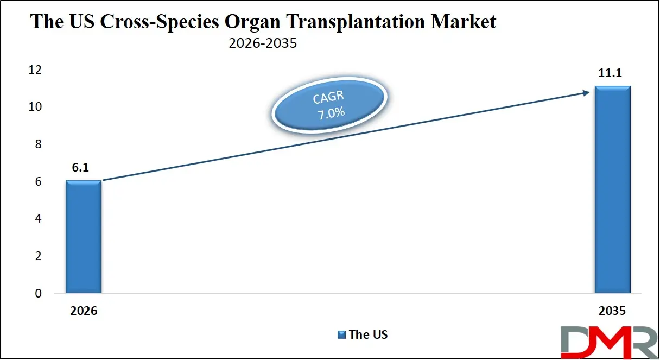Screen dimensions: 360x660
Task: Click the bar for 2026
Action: (83, 237)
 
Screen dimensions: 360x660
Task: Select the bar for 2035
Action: (612, 190)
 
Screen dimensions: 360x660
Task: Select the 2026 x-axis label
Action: (83, 312)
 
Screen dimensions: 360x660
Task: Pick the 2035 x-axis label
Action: (612, 312)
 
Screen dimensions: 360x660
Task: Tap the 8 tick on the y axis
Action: (37, 144)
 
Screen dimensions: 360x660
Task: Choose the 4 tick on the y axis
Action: (37, 219)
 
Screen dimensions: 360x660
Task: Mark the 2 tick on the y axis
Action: (37, 256)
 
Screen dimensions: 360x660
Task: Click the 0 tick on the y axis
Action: (37, 294)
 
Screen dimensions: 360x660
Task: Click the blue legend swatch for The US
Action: (341, 334)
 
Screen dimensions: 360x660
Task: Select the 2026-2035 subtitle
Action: (263, 43)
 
